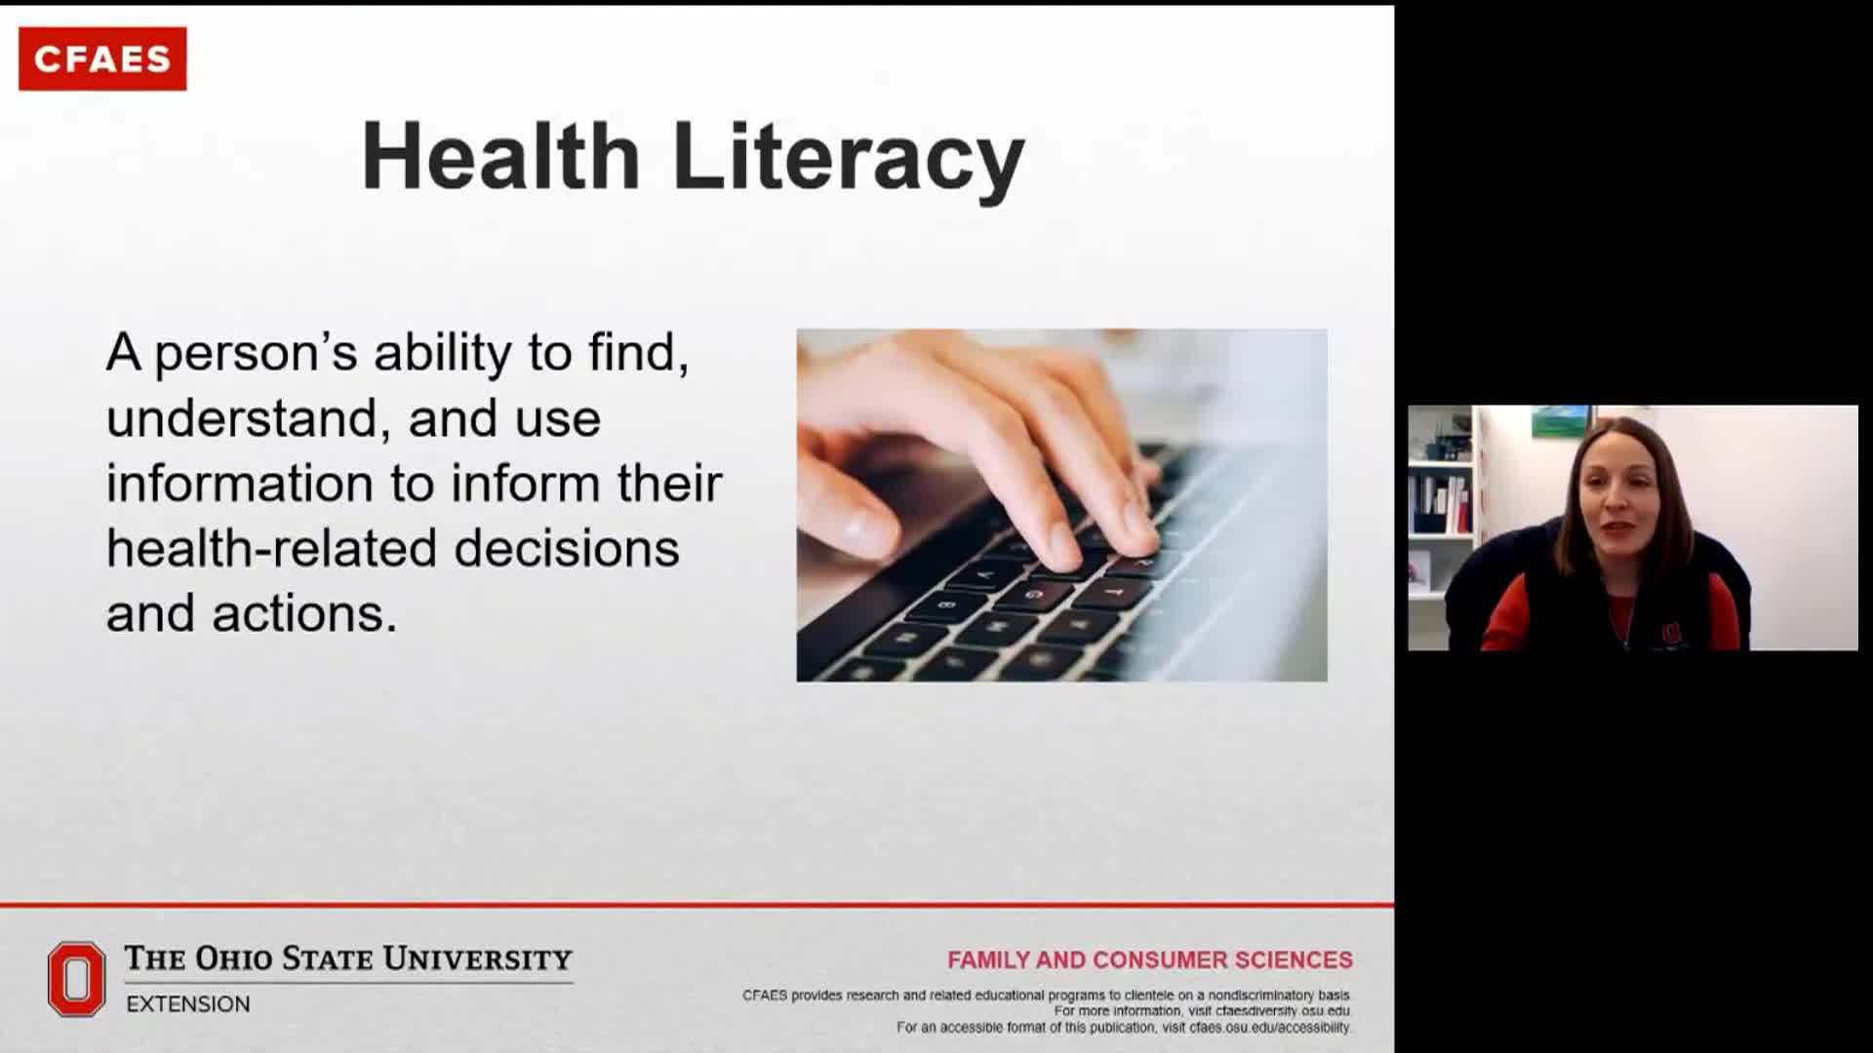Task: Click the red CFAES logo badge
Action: (102, 58)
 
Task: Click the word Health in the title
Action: (500, 156)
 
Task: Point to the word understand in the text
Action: (241, 418)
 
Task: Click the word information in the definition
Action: (239, 483)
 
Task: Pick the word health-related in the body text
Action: (271, 548)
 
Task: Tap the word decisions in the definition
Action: (567, 548)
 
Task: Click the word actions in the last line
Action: (304, 614)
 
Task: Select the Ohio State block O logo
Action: (76, 979)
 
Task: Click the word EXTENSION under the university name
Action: (188, 1004)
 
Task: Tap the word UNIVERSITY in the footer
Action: (477, 959)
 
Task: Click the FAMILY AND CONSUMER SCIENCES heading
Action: (1150, 960)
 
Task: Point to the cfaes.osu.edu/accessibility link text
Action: (1270, 1028)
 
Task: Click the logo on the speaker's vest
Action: (1671, 634)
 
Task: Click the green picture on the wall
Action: (1559, 421)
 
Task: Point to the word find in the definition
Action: (631, 352)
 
